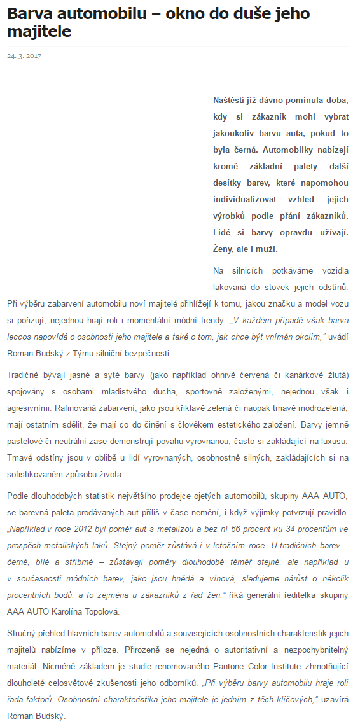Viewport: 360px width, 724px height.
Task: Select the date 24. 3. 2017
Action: pyautogui.click(x=24, y=56)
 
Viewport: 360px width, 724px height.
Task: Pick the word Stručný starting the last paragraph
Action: pyautogui.click(x=24, y=633)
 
